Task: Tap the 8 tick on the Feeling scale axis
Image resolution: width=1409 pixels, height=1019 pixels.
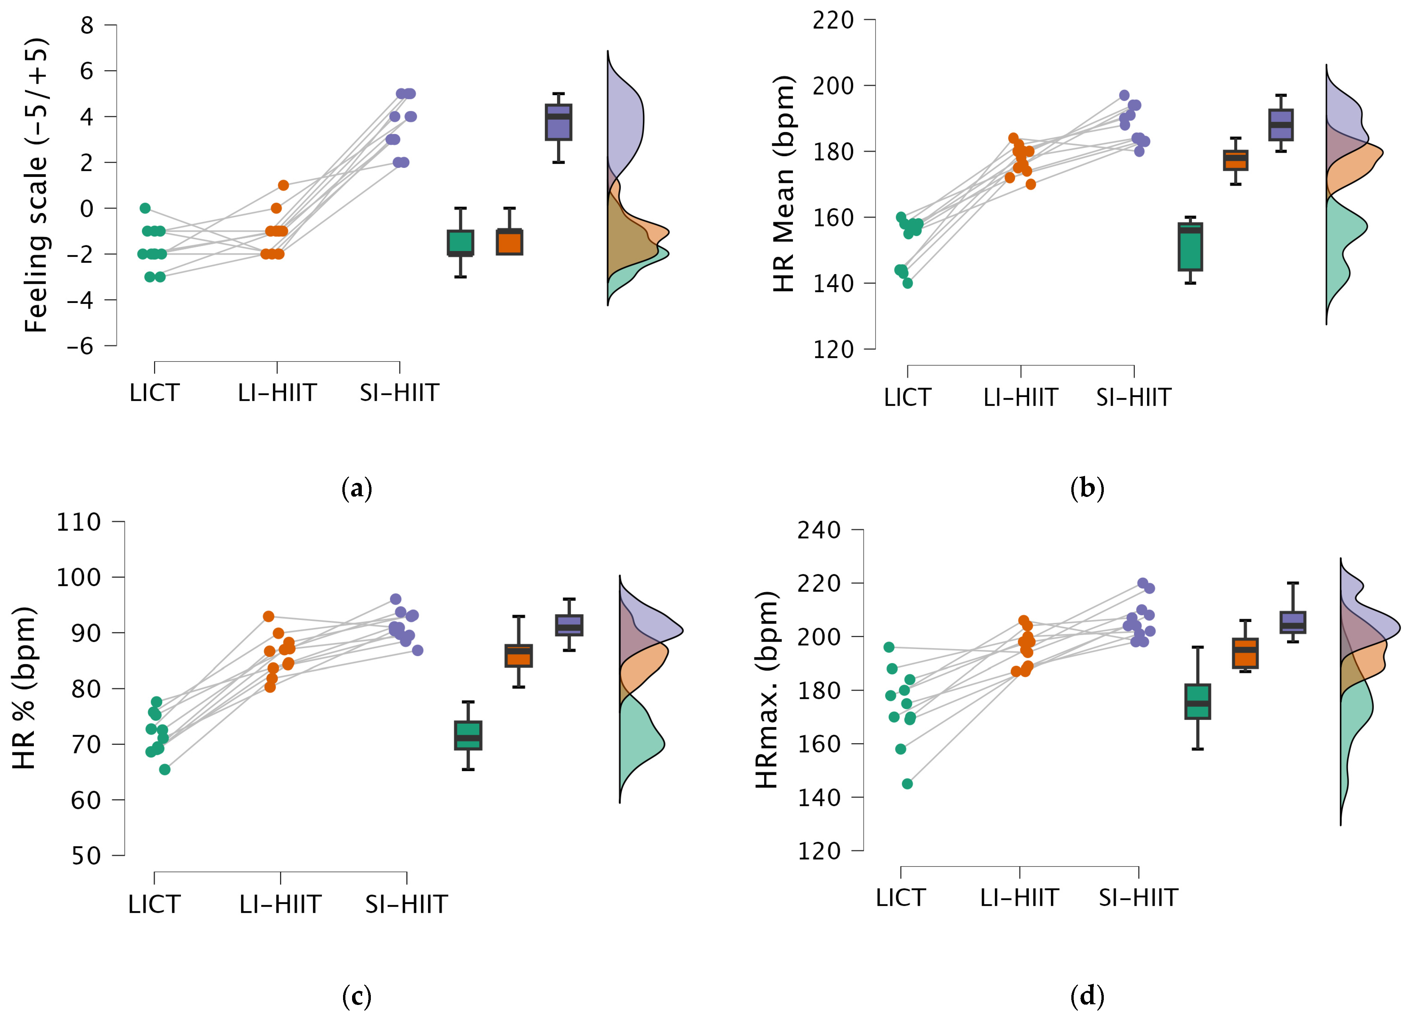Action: (87, 25)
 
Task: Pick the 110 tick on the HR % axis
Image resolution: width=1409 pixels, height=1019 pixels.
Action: (79, 522)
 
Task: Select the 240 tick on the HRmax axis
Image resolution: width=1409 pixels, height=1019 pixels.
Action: (819, 530)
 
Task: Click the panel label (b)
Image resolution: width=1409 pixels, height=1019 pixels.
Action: (1087, 488)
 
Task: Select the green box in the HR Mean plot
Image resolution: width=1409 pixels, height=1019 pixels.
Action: (1190, 247)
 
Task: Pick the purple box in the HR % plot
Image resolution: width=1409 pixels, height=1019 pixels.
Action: (569, 625)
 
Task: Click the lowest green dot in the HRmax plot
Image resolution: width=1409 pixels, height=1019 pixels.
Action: (907, 784)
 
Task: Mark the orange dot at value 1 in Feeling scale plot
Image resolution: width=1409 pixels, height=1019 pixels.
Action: (283, 185)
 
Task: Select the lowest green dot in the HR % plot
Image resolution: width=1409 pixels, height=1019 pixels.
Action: (164, 770)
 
